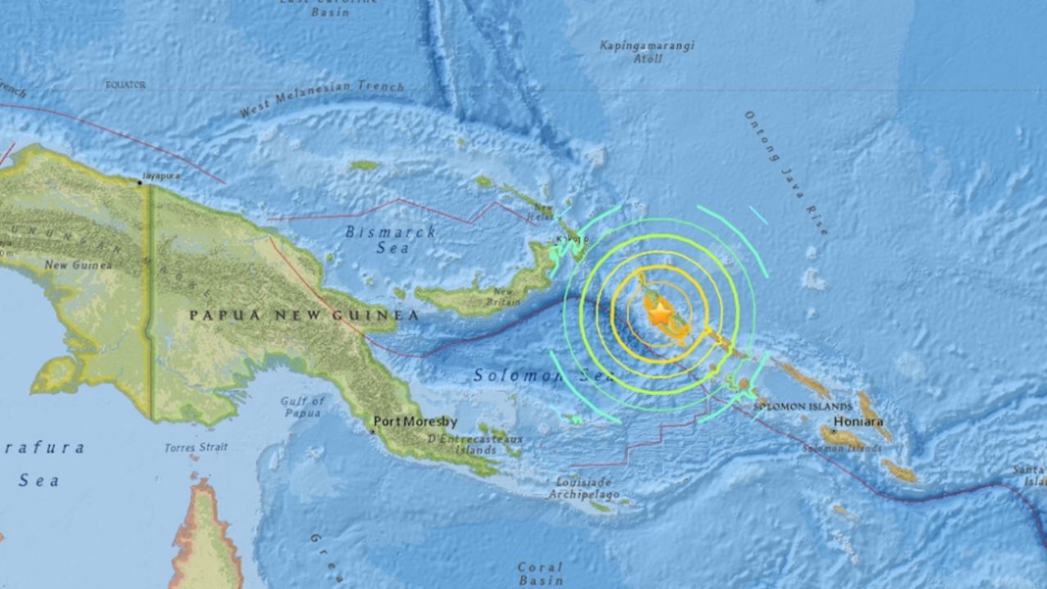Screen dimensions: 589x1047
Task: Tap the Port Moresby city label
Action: pyautogui.click(x=410, y=423)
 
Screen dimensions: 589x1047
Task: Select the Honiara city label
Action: pyautogui.click(x=858, y=422)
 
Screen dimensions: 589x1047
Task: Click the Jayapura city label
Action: pyautogui.click(x=160, y=175)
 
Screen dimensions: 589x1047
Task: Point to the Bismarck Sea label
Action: pyautogui.click(x=390, y=240)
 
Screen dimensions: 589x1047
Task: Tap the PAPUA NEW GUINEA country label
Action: pyautogui.click(x=304, y=315)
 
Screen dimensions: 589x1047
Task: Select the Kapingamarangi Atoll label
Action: pyautogui.click(x=646, y=52)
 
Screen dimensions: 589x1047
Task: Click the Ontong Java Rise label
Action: pyautogui.click(x=785, y=173)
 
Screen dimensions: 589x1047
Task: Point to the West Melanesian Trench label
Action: pyautogui.click(x=322, y=99)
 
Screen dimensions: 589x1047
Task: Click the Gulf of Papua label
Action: pyautogui.click(x=303, y=407)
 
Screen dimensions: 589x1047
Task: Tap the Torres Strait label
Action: pyautogui.click(x=195, y=447)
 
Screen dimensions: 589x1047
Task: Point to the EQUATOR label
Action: pyautogui.click(x=125, y=84)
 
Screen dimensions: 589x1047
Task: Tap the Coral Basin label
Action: pyautogui.click(x=541, y=573)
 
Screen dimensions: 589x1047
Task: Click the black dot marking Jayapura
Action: pyautogui.click(x=140, y=182)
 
